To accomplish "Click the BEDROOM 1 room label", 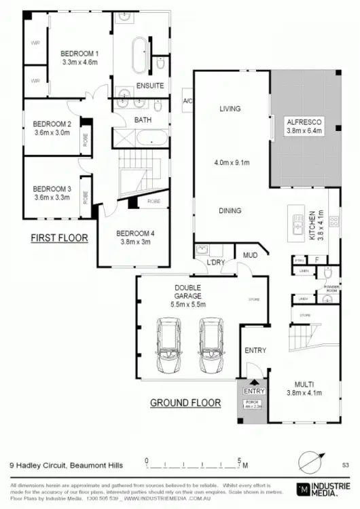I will (x=80, y=53).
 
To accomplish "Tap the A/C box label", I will (x=187, y=101).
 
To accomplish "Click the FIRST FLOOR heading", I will (x=59, y=238).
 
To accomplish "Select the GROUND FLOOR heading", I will (x=185, y=402).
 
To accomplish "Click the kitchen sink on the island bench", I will (x=297, y=224).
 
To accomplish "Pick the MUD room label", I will (x=250, y=255).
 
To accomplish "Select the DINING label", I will (x=230, y=210).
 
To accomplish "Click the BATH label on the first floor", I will (x=143, y=120).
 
